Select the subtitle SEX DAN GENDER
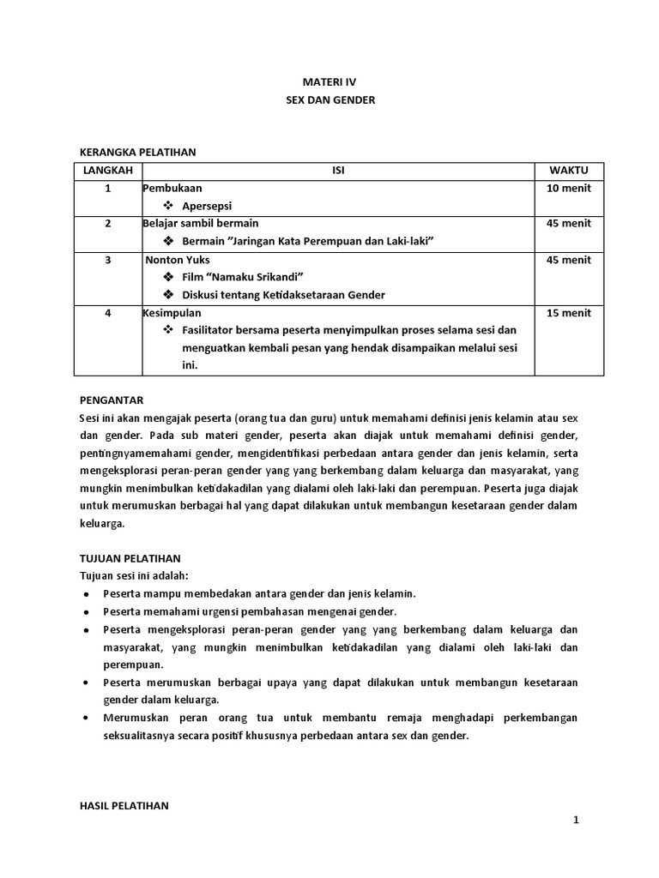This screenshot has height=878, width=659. [330, 100]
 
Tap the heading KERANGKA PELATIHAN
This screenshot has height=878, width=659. [137, 153]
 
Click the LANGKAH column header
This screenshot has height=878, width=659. [108, 171]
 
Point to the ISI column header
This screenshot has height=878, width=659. [338, 171]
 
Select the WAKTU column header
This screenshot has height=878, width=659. [569, 171]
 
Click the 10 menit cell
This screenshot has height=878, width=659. [569, 188]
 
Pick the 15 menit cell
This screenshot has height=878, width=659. [569, 313]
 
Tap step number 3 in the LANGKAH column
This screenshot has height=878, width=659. [108, 260]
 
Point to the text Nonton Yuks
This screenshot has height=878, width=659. [178, 260]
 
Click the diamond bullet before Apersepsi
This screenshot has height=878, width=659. [168, 207]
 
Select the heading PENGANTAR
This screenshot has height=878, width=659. [111, 400]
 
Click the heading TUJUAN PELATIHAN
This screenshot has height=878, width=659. [130, 557]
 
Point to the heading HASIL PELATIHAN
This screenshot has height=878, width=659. [124, 806]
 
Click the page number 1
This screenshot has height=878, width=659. [577, 821]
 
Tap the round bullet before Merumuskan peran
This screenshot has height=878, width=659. [87, 717]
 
